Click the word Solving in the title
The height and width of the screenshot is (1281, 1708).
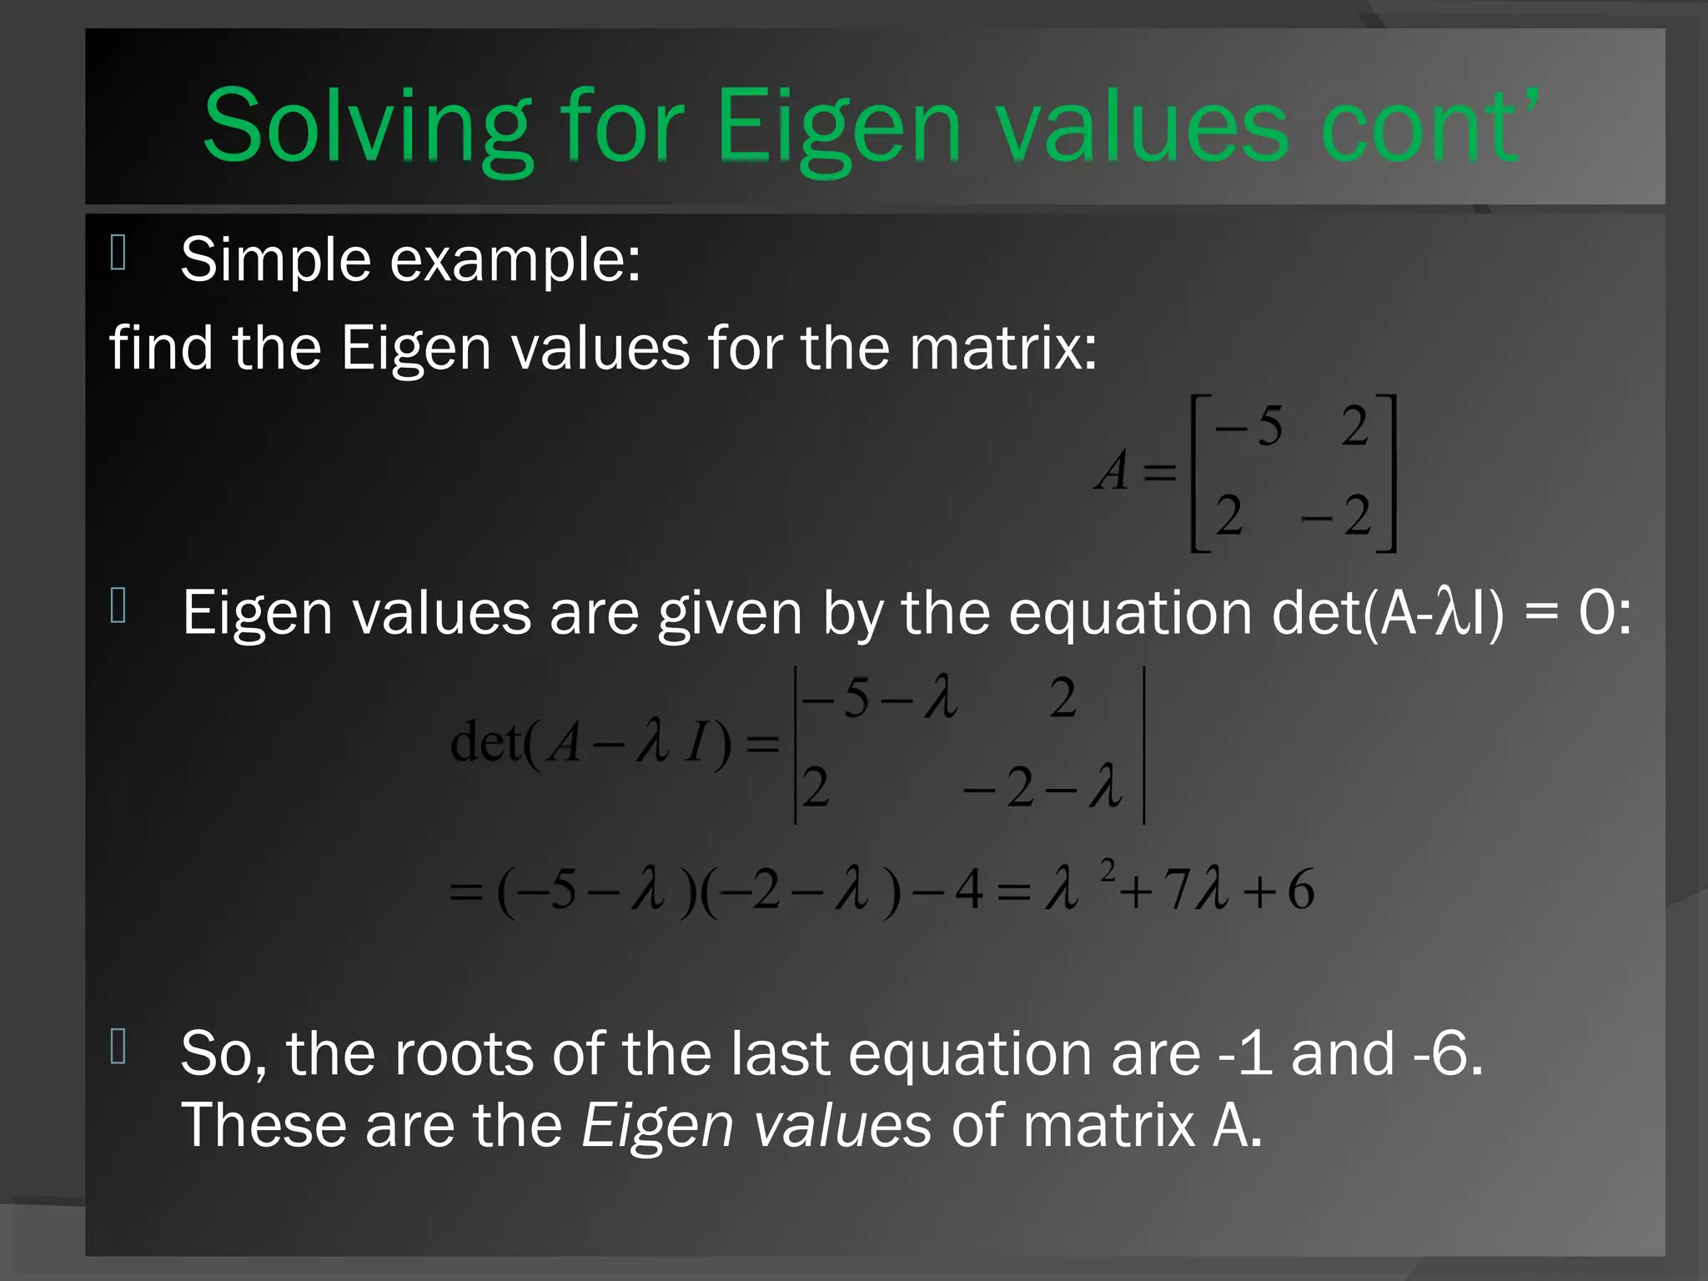point(367,127)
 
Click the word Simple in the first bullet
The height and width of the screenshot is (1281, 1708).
point(275,259)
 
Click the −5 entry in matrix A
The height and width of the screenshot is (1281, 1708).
point(1248,427)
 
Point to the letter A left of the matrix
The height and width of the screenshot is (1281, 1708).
point(1113,471)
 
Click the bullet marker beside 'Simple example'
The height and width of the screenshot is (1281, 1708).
point(118,253)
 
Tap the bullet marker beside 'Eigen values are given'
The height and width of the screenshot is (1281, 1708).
point(118,606)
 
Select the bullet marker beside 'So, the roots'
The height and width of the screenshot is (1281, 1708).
point(118,1047)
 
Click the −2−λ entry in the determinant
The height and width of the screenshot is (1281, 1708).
point(1042,787)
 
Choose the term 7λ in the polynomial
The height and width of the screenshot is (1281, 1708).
point(1196,889)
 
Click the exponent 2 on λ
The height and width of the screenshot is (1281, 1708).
point(1108,871)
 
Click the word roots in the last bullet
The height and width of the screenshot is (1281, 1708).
point(464,1053)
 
